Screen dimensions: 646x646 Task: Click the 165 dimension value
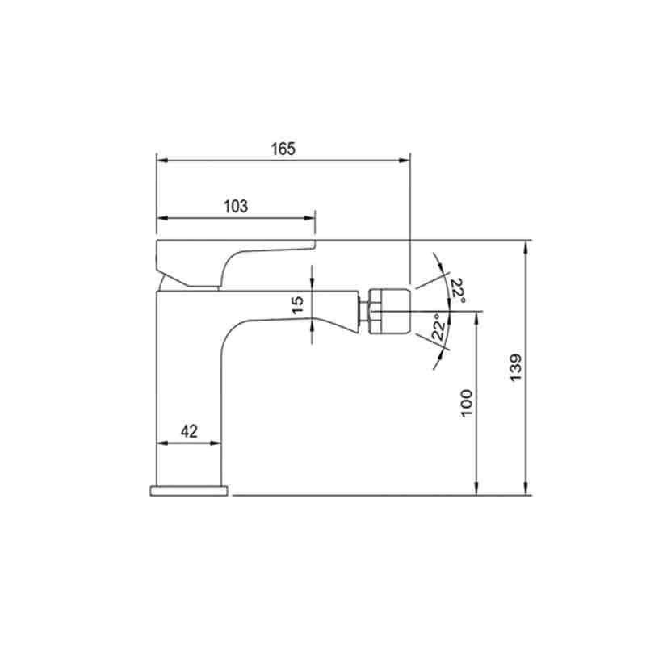point(283,149)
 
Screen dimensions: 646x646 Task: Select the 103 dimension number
point(236,207)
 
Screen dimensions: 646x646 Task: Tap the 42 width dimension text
point(189,431)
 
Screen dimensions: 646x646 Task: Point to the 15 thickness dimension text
point(297,305)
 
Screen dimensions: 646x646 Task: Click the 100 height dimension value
point(466,403)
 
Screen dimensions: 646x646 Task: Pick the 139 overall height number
point(516,367)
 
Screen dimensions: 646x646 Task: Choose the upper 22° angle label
point(458,291)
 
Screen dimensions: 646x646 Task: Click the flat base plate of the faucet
point(189,491)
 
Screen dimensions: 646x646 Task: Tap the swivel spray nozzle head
point(390,311)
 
